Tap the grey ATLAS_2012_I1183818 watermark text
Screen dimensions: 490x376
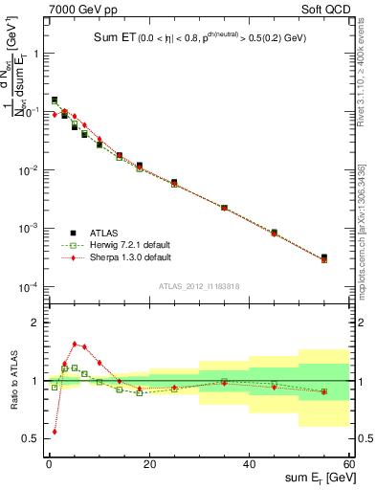click(200, 285)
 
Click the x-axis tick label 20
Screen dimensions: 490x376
click(146, 464)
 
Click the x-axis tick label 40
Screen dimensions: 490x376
click(249, 464)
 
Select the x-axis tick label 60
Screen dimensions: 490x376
click(348, 464)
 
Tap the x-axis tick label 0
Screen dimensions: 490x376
click(47, 464)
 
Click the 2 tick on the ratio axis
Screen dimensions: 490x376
click(36, 323)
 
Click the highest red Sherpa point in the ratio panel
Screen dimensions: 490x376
click(75, 344)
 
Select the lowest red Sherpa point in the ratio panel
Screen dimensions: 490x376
click(55, 432)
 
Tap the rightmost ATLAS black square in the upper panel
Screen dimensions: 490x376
click(324, 257)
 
